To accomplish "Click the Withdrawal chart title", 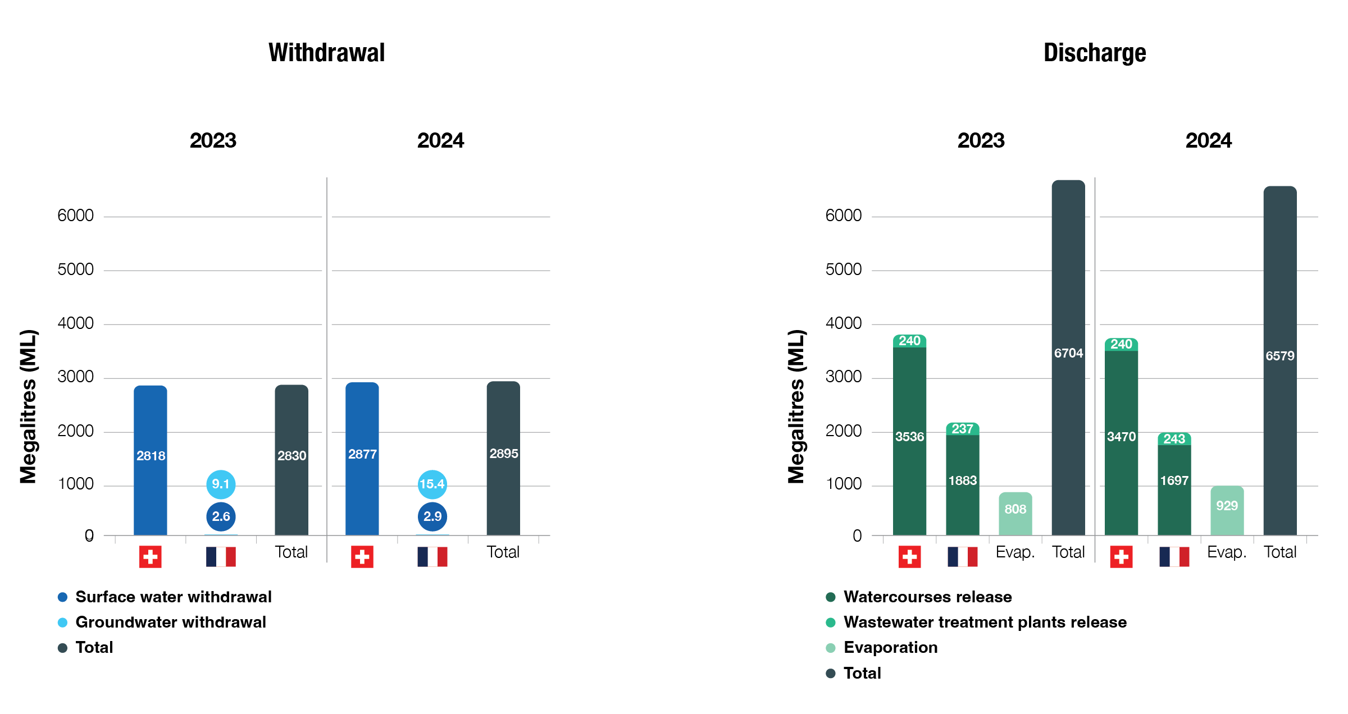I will (x=326, y=53).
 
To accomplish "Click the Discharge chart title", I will (x=1094, y=53).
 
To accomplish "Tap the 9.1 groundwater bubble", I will (x=221, y=484).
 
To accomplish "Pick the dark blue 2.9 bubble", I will (x=432, y=516).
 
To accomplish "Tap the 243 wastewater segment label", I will (x=1174, y=439).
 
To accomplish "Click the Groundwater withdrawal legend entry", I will (x=170, y=622).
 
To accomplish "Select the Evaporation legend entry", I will (x=890, y=647).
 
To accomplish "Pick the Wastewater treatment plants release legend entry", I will (x=985, y=622).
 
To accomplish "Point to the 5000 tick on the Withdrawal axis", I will (x=75, y=269).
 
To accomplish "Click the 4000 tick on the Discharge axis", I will (x=843, y=323).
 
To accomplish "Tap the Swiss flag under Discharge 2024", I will (x=1121, y=557).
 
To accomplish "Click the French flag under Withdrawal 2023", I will (x=221, y=557).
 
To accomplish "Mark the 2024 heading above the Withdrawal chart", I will (x=440, y=140).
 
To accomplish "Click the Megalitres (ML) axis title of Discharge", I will (x=796, y=406).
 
